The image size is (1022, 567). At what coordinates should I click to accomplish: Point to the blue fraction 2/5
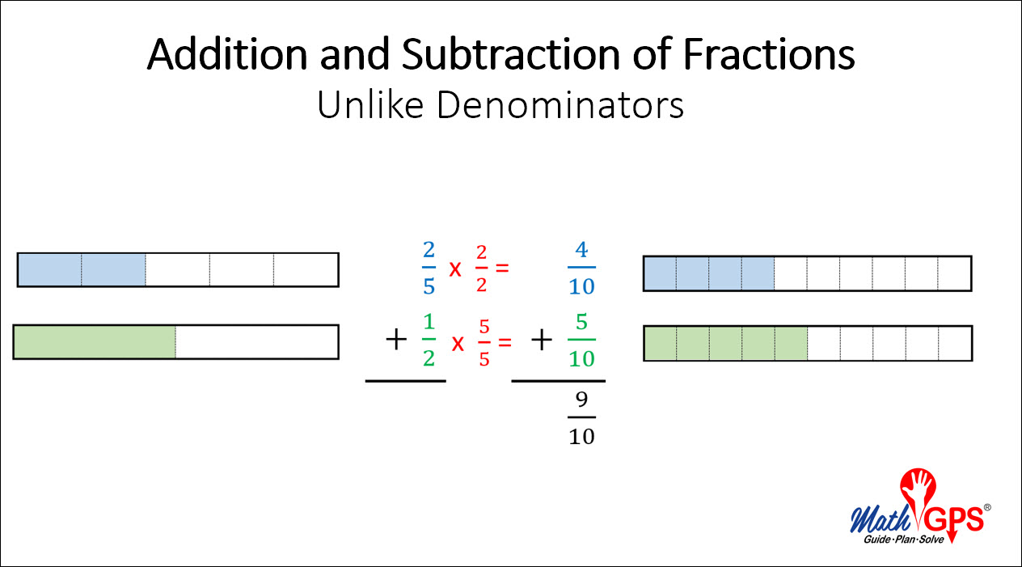click(x=429, y=266)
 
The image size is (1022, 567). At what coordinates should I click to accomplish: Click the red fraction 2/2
click(x=483, y=266)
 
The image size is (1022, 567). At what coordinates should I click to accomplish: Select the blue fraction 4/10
click(x=581, y=267)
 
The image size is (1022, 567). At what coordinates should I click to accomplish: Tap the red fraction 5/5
click(x=484, y=342)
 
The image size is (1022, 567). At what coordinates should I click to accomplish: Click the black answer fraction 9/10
click(x=581, y=417)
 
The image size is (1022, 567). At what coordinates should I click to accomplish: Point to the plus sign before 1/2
click(x=395, y=340)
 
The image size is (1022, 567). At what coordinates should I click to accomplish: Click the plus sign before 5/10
click(x=541, y=340)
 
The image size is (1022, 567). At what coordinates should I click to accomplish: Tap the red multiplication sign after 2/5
click(x=455, y=268)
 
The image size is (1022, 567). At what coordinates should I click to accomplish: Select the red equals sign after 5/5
click(x=505, y=342)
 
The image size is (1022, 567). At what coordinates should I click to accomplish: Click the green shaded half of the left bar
click(x=95, y=342)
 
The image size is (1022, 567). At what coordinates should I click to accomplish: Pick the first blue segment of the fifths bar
click(x=49, y=269)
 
